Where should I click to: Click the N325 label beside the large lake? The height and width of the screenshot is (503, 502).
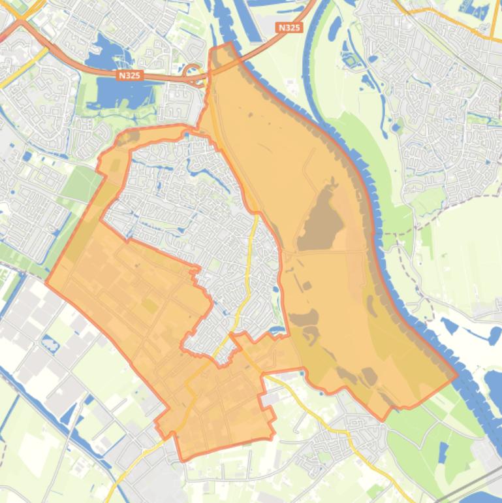[130, 76]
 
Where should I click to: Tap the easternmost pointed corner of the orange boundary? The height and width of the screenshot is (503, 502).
[457, 376]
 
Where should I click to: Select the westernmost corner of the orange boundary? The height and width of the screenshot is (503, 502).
[46, 282]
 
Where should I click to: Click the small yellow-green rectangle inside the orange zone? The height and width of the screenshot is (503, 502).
[149, 306]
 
